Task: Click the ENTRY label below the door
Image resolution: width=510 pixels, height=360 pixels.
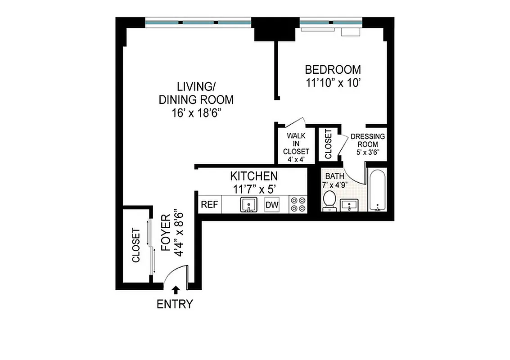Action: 174,304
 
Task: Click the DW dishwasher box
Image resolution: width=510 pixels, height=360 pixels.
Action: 272,205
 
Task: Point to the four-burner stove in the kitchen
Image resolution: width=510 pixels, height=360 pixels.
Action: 298,205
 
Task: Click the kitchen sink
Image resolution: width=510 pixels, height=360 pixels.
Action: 248,205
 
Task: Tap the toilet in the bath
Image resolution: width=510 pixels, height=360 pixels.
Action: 329,199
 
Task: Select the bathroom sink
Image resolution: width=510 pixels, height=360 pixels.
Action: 349,205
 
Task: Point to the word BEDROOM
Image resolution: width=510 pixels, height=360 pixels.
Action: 333,70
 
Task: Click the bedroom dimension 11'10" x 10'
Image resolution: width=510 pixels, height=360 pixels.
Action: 333,83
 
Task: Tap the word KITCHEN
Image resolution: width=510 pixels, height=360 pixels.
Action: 254,175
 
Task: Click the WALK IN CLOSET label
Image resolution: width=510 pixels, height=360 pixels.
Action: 296,144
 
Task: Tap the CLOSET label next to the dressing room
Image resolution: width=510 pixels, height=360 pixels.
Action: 328,144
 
